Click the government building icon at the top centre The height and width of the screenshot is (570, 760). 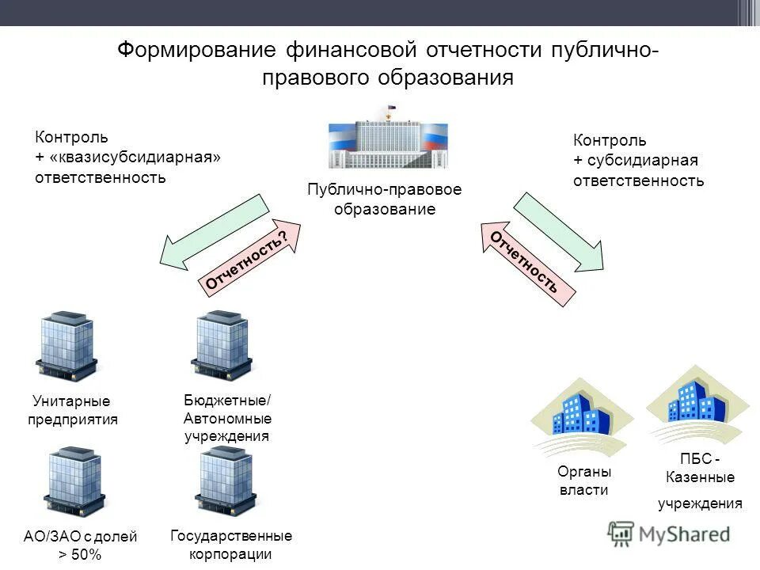[388, 140]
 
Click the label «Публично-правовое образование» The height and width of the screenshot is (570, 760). [385, 199]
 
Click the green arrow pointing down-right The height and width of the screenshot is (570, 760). [560, 232]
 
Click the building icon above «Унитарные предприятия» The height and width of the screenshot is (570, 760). [66, 346]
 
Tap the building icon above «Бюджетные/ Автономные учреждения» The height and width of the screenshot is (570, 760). [222, 346]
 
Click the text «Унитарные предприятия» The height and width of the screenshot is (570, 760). [73, 411]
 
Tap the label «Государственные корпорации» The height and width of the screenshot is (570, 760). [231, 545]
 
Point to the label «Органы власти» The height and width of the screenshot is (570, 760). [584, 481]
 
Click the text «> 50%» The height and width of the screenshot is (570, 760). [80, 555]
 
